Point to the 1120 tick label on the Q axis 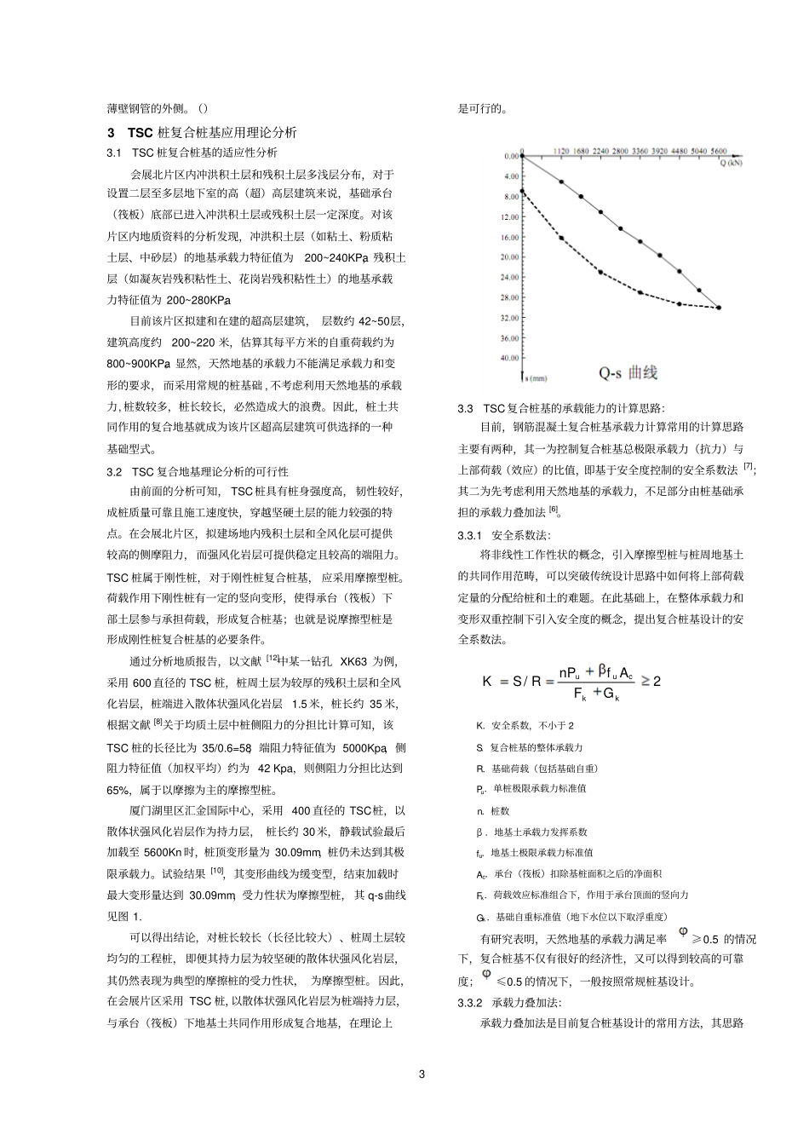pos(560,151)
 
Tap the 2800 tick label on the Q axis pos(620,151)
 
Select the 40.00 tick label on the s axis pos(509,358)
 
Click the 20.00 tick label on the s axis pos(509,256)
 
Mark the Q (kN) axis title pos(730,160)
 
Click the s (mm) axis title pos(535,377)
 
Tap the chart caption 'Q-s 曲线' pos(628,372)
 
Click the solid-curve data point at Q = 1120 pos(561,181)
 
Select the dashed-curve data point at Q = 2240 pos(600,272)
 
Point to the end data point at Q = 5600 pos(719,308)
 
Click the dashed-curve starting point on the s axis pos(521,191)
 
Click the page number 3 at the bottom pos(422,1073)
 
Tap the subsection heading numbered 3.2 pos(198,471)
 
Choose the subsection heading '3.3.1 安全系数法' pos(504,535)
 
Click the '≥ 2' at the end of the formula pos(651,681)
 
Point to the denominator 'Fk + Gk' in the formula pos(595,693)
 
